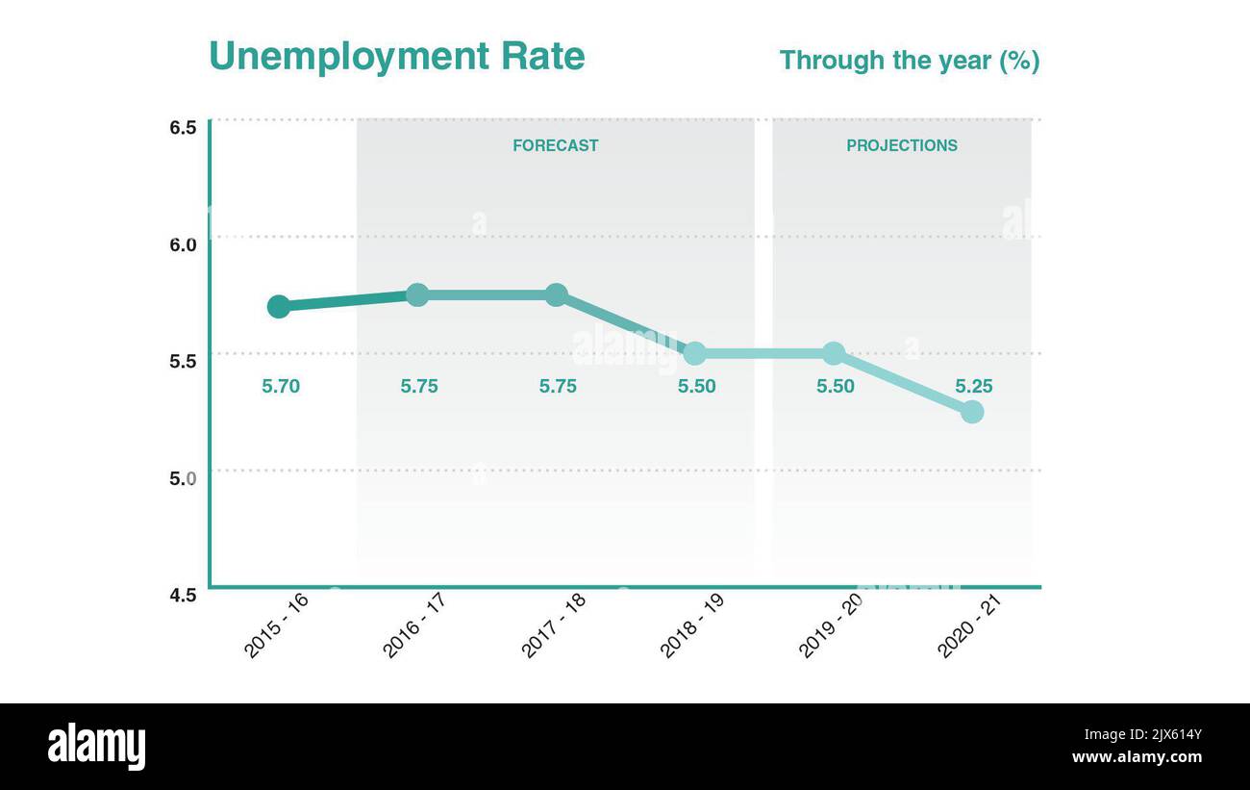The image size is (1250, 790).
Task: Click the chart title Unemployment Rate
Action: [396, 56]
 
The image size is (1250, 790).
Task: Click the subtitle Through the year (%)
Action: [909, 61]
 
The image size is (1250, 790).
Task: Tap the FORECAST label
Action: [555, 145]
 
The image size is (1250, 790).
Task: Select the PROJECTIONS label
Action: [901, 145]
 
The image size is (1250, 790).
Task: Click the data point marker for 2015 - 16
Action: [279, 307]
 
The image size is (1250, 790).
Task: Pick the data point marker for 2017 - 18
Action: [557, 294]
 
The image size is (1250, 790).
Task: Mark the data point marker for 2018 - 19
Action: [694, 353]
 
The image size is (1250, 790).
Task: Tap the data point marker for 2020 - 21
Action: [972, 412]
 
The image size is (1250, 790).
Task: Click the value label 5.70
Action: [281, 387]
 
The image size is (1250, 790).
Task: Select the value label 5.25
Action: [974, 387]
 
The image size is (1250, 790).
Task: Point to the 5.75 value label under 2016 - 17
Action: [419, 387]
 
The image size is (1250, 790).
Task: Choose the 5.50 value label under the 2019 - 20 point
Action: [836, 387]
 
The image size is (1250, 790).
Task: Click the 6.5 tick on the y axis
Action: [184, 128]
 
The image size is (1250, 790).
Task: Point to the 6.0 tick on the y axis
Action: [184, 244]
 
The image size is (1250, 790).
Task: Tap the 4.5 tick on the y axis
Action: [184, 595]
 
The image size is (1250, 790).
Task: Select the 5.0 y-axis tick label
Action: [184, 478]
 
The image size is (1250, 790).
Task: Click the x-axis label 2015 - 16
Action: [276, 625]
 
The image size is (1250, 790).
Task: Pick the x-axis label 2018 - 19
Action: [692, 625]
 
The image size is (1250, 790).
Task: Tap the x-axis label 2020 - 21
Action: [969, 625]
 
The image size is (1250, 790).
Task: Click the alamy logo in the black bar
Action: [96, 748]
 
